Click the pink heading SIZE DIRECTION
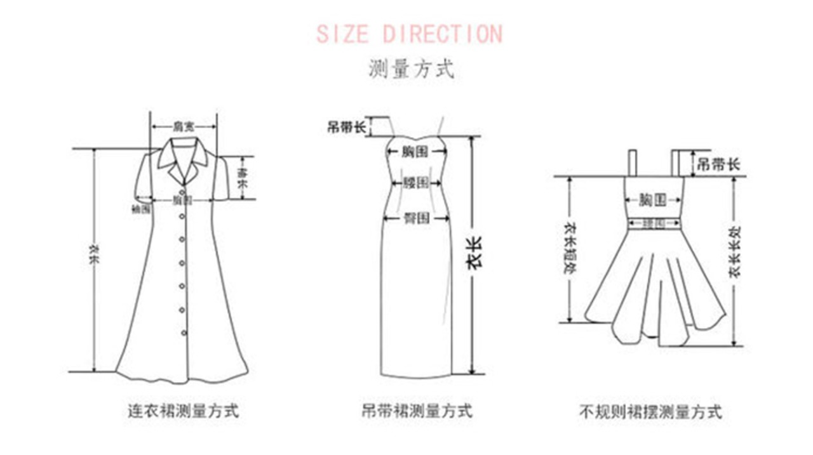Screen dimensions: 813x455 409,34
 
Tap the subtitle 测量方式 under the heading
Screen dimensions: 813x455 411,69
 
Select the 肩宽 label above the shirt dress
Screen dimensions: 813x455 184,126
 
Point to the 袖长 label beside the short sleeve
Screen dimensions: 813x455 241,178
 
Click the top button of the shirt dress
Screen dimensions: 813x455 183,192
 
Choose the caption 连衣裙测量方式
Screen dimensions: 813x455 184,411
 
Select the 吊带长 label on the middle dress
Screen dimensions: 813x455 347,127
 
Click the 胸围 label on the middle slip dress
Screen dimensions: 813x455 417,152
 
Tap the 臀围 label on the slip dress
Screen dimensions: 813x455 417,218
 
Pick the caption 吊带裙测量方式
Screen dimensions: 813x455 417,411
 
